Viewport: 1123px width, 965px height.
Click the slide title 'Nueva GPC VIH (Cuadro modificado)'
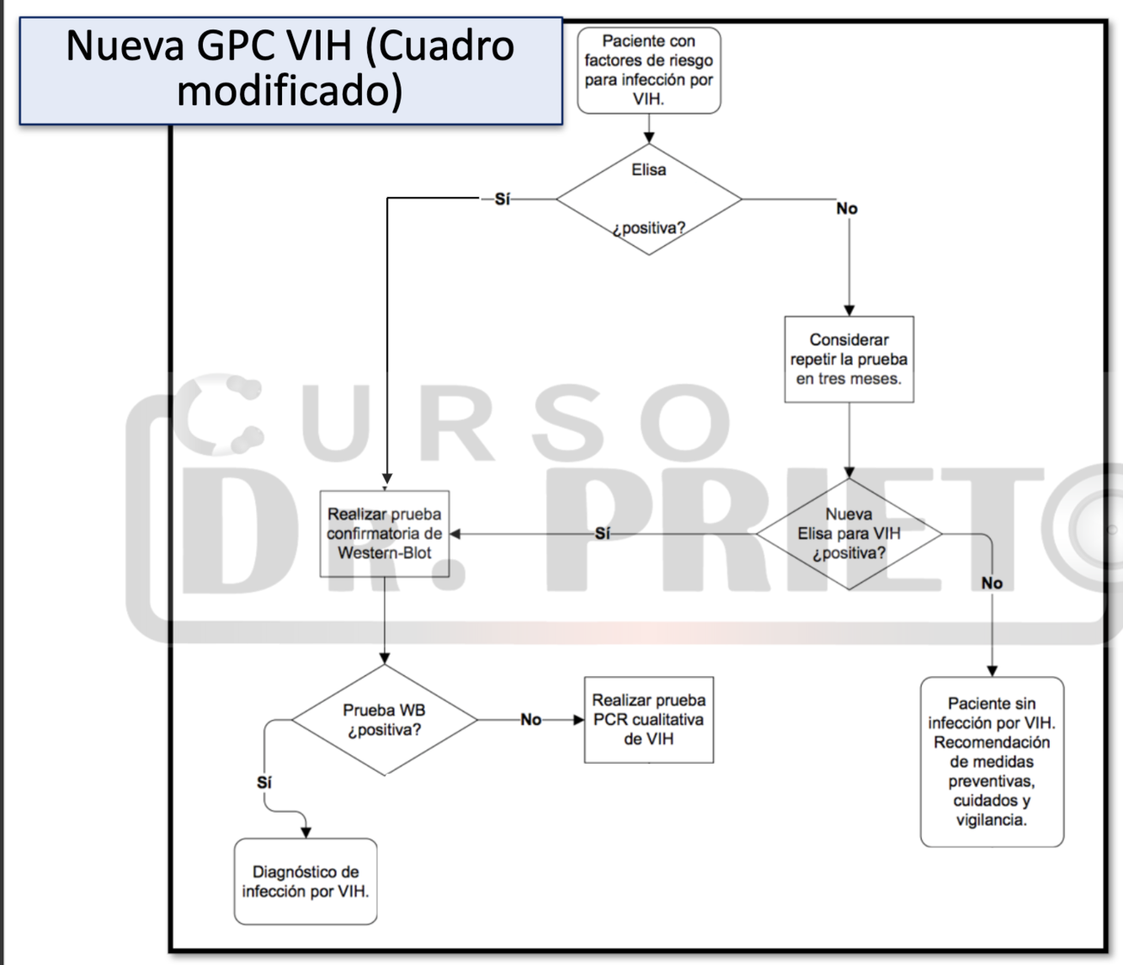290,69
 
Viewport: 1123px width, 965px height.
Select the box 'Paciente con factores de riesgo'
648,70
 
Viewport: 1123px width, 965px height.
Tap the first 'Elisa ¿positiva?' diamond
648,200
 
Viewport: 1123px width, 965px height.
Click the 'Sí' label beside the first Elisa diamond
503,200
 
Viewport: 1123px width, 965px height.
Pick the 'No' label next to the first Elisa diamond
847,209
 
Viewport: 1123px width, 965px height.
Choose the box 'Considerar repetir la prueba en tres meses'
849,360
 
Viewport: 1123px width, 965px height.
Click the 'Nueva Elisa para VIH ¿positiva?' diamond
849,534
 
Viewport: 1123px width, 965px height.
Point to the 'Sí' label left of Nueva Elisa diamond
603,534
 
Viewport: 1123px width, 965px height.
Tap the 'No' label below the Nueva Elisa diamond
992,583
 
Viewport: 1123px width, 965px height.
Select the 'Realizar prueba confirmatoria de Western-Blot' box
385,534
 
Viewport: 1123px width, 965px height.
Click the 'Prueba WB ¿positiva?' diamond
385,720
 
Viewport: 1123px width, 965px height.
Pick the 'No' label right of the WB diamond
531,720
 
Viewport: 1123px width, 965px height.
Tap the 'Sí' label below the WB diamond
264,783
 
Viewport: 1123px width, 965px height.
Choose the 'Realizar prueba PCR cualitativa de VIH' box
648,720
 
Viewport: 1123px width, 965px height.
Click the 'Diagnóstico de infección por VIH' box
306,882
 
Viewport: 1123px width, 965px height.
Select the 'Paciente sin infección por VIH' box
992,761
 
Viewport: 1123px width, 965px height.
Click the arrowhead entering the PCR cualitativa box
578,720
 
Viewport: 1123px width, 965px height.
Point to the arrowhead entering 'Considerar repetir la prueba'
849,311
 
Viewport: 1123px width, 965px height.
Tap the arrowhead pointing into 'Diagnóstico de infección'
306,832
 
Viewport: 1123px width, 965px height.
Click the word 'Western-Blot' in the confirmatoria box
385,553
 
